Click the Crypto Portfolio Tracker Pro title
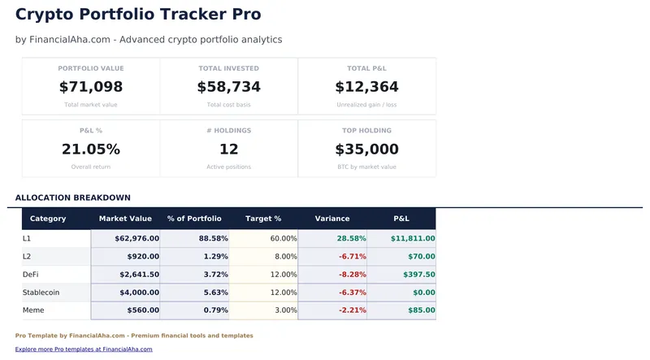138,15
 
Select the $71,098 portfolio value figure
91,87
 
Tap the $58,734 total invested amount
229,87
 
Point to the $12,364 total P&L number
366,87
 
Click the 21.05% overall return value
91,150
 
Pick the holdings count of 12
229,150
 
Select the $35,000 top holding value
366,150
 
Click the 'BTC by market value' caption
366,167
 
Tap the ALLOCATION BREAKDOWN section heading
72,197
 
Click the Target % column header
263,219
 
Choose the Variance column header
332,219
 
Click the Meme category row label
35,310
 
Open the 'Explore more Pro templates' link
84,349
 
